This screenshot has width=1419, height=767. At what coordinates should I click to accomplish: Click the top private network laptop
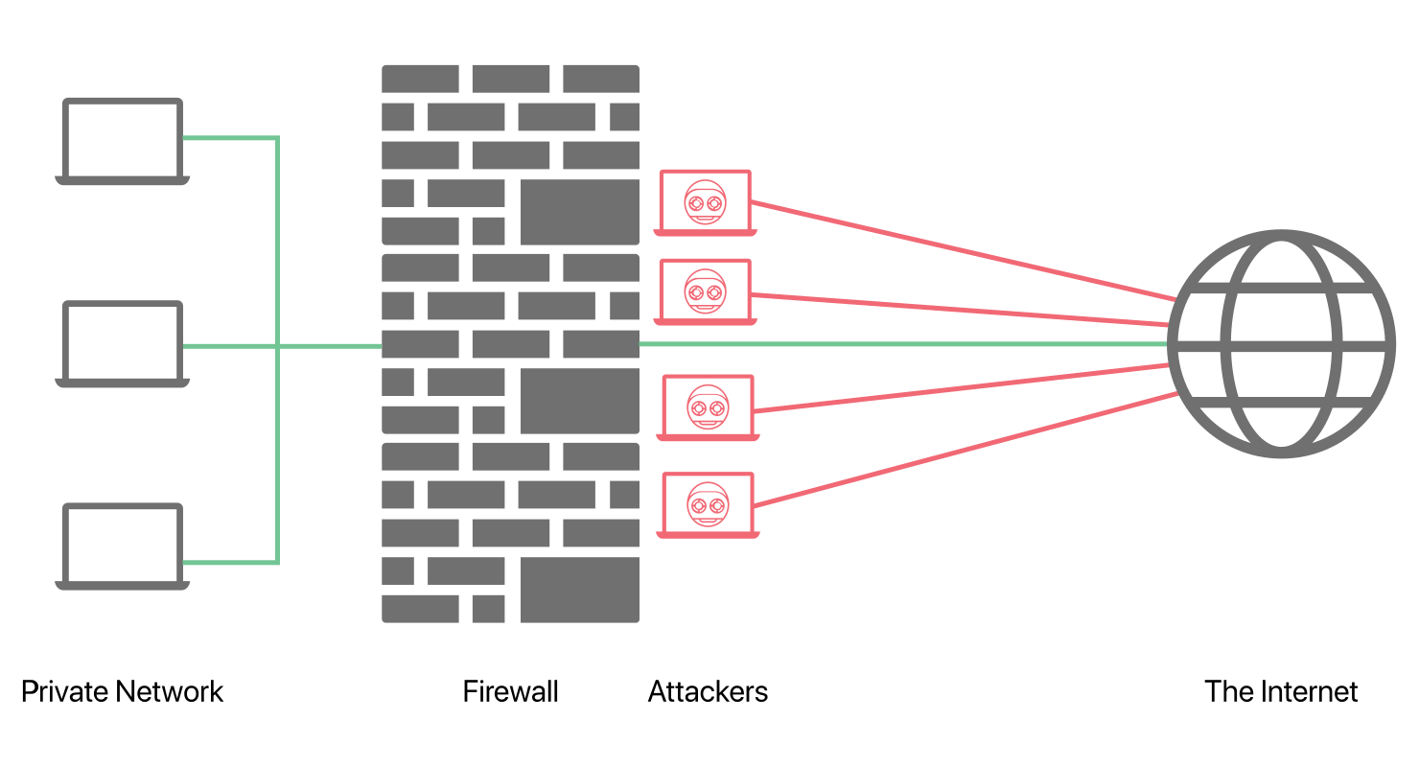click(x=123, y=180)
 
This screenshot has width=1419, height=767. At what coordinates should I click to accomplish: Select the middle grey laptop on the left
click(x=123, y=383)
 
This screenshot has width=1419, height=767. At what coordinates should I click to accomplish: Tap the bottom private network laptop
click(x=123, y=585)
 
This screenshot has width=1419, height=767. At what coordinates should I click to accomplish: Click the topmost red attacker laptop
click(x=705, y=232)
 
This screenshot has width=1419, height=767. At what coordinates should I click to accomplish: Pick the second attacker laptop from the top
click(x=705, y=321)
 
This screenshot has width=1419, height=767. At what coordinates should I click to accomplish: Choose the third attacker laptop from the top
click(x=708, y=436)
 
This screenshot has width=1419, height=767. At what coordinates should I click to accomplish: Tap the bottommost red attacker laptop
click(x=708, y=534)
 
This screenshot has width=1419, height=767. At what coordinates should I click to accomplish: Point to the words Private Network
click(x=123, y=691)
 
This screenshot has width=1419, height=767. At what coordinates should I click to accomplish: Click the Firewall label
click(x=511, y=691)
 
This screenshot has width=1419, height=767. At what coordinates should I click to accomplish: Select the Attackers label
click(x=708, y=691)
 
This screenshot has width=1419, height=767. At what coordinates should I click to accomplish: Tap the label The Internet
click(x=1281, y=691)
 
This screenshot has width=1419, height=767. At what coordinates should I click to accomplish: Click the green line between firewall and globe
click(x=903, y=344)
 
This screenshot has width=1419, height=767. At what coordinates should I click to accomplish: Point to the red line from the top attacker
click(x=964, y=250)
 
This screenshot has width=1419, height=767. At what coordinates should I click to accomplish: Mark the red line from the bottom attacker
click(x=965, y=450)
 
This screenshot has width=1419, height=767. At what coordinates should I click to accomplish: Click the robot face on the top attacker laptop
click(x=705, y=202)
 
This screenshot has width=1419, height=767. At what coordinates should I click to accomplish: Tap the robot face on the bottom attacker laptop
click(x=708, y=504)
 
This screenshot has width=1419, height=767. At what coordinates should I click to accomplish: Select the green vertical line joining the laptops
click(x=277, y=350)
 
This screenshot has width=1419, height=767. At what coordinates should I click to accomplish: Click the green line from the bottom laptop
click(x=230, y=563)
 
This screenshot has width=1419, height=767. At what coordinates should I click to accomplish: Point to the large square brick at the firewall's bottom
click(x=580, y=590)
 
